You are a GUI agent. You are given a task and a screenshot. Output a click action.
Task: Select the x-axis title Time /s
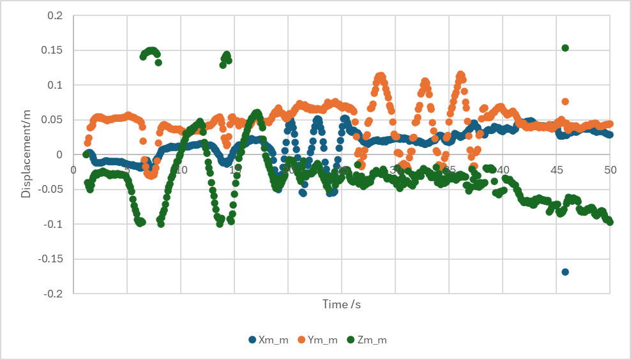tap(342, 304)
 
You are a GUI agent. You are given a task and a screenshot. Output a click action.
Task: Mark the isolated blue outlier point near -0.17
tap(565, 272)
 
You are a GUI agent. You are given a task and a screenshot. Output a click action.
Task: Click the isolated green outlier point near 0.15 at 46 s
tap(565, 48)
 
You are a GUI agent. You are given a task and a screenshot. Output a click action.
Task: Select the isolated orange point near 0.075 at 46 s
tap(565, 101)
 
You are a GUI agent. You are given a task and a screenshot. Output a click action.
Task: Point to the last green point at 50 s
tap(610, 222)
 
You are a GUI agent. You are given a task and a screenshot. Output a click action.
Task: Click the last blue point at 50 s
tap(610, 135)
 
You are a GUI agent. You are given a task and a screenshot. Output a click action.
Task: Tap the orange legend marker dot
tap(301, 340)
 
